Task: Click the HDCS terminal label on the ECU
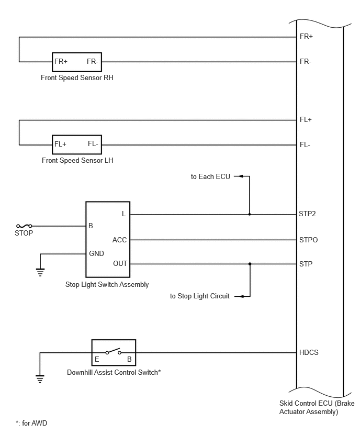pyautogui.click(x=309, y=352)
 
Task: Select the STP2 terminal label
pyautogui.click(x=307, y=214)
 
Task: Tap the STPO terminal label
pyautogui.click(x=308, y=240)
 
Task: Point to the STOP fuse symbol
pyautogui.click(x=24, y=226)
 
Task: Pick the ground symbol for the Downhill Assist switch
pyautogui.click(x=40, y=379)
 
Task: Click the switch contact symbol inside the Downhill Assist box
pyautogui.click(x=114, y=352)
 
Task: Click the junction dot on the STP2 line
pyautogui.click(x=250, y=214)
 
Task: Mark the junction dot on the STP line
pyautogui.click(x=250, y=264)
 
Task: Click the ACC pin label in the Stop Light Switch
pyautogui.click(x=119, y=240)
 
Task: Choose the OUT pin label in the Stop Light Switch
pyautogui.click(x=120, y=264)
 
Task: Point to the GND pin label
pyautogui.click(x=96, y=253)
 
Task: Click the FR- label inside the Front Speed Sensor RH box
pyautogui.click(x=93, y=61)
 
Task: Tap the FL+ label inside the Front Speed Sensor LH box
pyautogui.click(x=60, y=144)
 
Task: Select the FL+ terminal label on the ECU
pyautogui.click(x=306, y=120)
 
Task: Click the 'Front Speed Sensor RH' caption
pyautogui.click(x=77, y=77)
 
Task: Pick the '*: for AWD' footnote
pyautogui.click(x=31, y=423)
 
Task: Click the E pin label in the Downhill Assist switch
pyautogui.click(x=97, y=359)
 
